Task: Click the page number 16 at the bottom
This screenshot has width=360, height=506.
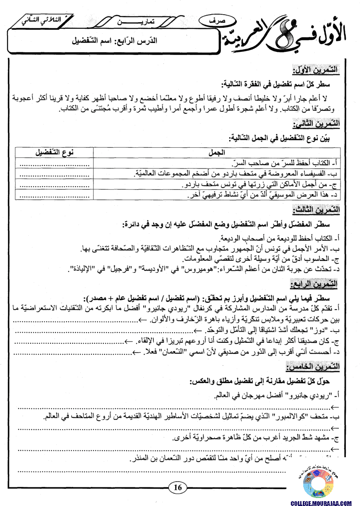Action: (x=178, y=487)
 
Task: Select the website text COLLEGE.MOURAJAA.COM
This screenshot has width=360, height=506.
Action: (x=325, y=503)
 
